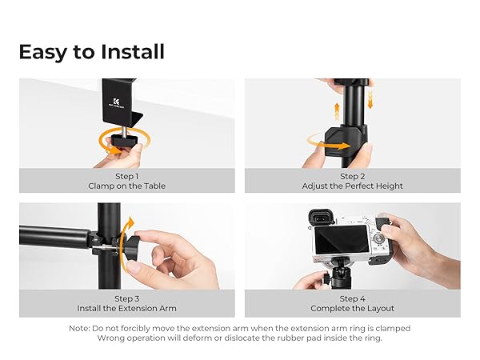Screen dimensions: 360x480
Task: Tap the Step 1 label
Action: click(126, 176)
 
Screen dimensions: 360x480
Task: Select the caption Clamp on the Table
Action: click(126, 186)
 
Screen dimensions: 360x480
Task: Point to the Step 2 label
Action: click(352, 176)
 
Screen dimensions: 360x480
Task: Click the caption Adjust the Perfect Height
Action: click(352, 186)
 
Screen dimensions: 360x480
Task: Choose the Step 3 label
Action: click(126, 298)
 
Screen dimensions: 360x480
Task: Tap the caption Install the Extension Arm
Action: click(126, 308)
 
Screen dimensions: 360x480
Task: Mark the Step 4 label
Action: click(352, 298)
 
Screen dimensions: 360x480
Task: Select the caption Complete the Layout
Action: click(352, 308)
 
